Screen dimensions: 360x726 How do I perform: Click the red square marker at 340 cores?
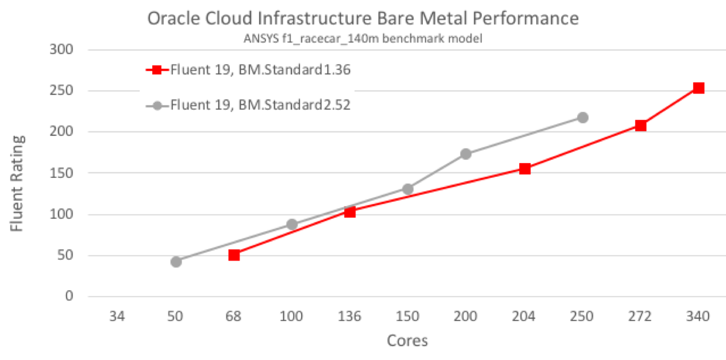(x=698, y=88)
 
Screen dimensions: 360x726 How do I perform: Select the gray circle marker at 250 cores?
(x=583, y=117)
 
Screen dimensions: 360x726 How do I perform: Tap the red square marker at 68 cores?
(x=234, y=255)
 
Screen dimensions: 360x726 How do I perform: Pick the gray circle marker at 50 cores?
(x=176, y=262)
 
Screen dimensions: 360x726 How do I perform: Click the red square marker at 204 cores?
(x=525, y=169)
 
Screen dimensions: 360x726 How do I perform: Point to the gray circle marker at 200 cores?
(x=466, y=154)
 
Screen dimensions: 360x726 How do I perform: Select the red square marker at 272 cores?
(x=640, y=126)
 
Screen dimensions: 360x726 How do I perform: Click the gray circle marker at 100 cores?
(x=292, y=225)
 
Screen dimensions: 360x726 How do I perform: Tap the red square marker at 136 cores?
(x=350, y=212)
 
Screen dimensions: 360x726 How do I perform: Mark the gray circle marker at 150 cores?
(x=407, y=189)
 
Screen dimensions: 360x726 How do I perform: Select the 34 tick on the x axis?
(x=117, y=316)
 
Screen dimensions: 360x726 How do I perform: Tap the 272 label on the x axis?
(x=640, y=316)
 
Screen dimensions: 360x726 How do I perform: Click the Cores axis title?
(x=407, y=341)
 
